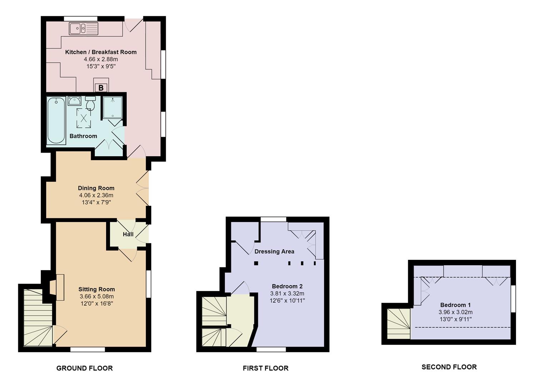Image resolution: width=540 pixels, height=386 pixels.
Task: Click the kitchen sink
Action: [83, 29]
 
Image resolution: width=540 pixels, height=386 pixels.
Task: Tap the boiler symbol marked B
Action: [101, 88]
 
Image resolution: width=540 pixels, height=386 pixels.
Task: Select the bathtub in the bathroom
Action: [56, 120]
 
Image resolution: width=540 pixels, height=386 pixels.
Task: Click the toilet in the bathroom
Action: [91, 103]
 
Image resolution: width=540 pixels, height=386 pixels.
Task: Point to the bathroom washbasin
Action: [74, 101]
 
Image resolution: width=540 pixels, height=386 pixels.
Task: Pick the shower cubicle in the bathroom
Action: [113, 108]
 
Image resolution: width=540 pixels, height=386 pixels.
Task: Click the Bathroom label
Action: [83, 136]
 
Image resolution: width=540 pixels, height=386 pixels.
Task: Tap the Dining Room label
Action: [96, 188]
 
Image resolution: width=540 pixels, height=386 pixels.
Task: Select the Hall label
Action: [128, 234]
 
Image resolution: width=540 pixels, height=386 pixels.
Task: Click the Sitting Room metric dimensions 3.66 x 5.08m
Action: [96, 296]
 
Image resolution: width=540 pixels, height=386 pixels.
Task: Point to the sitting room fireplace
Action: [57, 287]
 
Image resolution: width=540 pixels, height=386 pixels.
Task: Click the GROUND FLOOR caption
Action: [84, 368]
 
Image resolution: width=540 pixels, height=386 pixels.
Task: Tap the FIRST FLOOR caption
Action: [266, 368]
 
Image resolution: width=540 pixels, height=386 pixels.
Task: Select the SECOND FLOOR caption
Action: [449, 367]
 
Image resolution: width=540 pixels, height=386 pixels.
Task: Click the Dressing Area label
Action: [274, 252]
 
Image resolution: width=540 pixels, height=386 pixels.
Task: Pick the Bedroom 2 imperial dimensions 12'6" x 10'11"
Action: [287, 301]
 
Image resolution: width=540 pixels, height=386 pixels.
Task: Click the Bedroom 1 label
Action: [455, 305]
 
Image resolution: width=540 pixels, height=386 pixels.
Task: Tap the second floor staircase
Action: [398, 323]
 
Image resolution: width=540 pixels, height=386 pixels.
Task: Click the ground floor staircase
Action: [38, 317]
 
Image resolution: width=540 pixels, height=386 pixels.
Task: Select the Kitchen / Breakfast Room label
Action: [101, 52]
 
